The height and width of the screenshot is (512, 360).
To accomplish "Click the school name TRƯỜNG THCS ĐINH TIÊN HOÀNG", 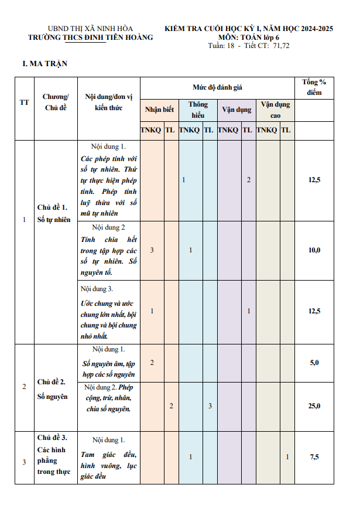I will [91, 37].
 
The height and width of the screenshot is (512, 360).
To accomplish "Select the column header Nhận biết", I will [159, 110].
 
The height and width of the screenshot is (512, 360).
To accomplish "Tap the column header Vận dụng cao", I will [275, 110].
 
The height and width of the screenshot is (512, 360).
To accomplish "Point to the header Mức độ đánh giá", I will [218, 87].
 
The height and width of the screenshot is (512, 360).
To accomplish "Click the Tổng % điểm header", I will [314, 87].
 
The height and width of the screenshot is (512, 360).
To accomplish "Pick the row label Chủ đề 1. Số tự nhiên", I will [53, 214].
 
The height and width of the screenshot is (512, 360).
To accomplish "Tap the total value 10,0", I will [314, 250].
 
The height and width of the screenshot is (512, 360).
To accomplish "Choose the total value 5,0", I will [314, 363].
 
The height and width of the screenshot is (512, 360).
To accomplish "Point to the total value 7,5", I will [314, 457].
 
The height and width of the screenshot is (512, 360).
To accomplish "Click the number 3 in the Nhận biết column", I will [152, 250].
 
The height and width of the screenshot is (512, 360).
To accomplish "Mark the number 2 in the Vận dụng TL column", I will [249, 180].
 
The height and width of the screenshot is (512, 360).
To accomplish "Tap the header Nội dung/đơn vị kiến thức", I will [109, 102].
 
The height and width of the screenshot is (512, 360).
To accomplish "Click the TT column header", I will [24, 103].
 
